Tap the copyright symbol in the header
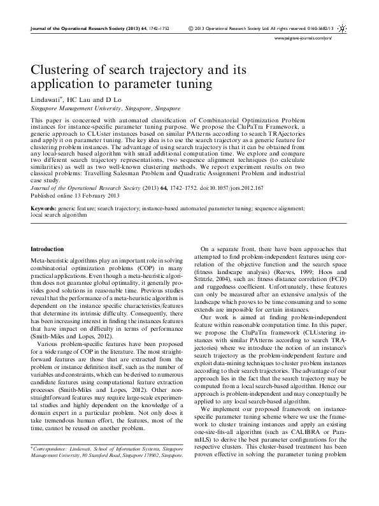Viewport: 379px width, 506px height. tap(191, 29)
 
